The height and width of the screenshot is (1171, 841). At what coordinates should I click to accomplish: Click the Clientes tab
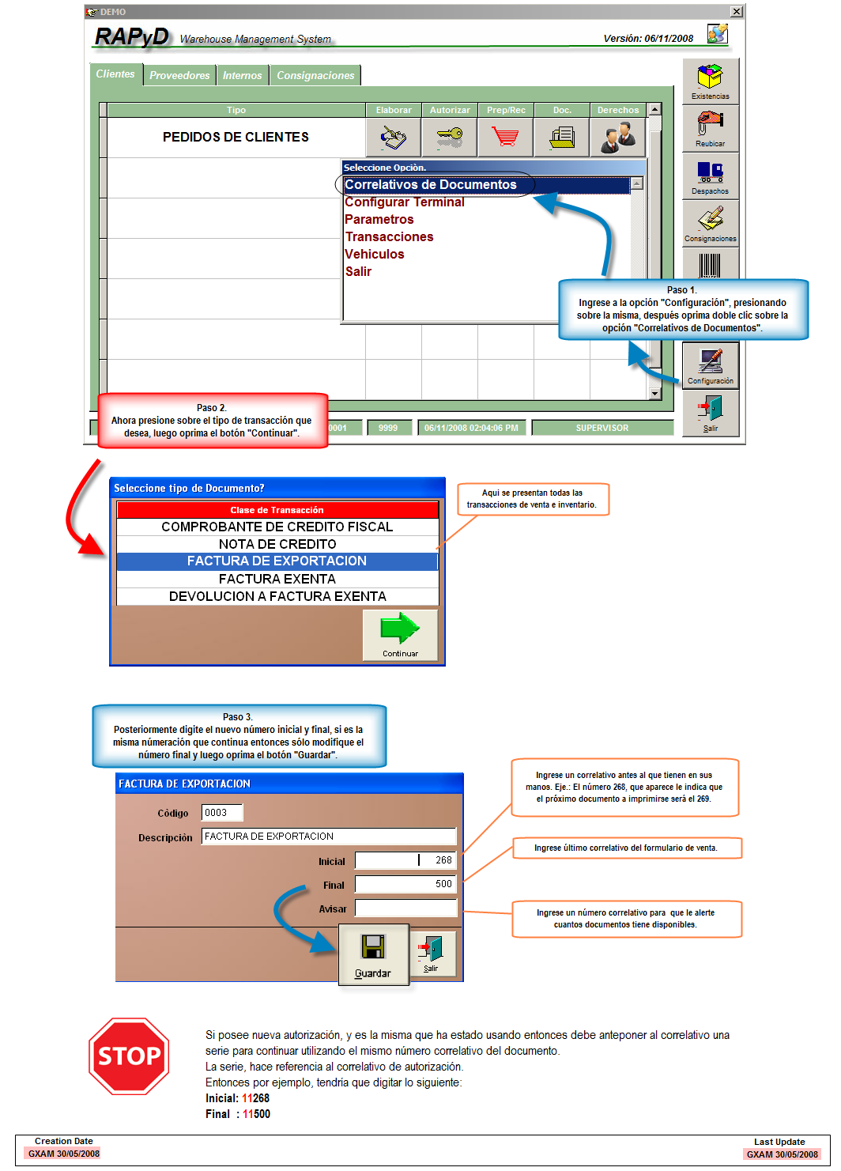[x=115, y=74]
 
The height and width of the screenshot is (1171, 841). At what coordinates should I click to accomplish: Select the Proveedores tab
[x=179, y=75]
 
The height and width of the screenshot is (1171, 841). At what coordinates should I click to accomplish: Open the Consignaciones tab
[x=315, y=75]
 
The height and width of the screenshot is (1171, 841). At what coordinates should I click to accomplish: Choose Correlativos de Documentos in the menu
[x=430, y=185]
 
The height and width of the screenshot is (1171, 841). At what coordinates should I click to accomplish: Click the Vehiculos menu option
[x=374, y=255]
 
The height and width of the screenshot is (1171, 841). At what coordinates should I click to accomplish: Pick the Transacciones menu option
[x=389, y=237]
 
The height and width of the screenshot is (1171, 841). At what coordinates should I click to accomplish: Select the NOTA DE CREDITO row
[x=277, y=544]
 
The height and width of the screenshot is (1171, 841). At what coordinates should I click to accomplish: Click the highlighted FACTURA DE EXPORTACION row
[x=277, y=561]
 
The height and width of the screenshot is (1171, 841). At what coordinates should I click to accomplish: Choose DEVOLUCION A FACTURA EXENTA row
[x=277, y=597]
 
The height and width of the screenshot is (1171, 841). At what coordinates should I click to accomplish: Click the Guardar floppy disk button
[x=373, y=954]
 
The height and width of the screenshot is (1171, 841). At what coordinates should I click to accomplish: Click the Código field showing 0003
[x=222, y=813]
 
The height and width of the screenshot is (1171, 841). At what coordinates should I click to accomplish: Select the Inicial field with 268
[x=405, y=860]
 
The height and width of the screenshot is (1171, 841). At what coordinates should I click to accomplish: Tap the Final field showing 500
[x=405, y=884]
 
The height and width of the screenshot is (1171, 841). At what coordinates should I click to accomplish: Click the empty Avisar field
[x=405, y=908]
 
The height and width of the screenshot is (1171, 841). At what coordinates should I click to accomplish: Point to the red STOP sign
[x=129, y=1056]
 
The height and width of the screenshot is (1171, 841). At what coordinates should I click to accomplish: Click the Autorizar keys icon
[x=450, y=138]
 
